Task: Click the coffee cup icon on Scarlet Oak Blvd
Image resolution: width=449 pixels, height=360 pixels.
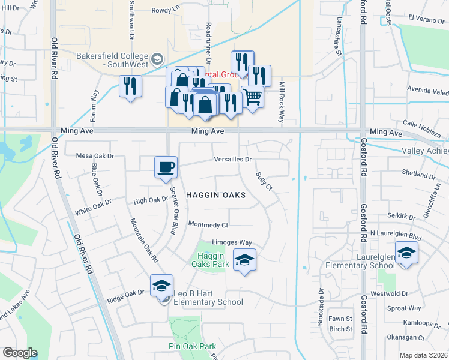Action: click(x=166, y=167)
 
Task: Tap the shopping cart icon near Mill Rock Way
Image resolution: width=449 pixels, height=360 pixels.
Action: click(x=253, y=97)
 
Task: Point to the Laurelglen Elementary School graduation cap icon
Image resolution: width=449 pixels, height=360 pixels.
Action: click(x=406, y=251)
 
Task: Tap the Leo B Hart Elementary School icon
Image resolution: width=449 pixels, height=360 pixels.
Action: click(x=161, y=286)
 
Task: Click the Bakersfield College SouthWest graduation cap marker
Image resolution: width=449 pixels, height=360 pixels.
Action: click(x=157, y=58)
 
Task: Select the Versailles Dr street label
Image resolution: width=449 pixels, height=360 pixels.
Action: click(x=233, y=160)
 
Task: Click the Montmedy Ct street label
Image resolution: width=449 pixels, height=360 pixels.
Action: click(x=208, y=225)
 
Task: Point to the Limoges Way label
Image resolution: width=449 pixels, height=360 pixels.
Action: click(x=231, y=242)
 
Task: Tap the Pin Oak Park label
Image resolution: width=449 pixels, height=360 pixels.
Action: click(x=192, y=347)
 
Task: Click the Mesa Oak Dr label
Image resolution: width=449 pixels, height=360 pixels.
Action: click(x=95, y=156)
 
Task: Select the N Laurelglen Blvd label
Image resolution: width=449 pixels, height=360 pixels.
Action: click(x=396, y=233)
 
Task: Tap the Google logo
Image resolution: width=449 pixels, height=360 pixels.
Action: click(x=20, y=352)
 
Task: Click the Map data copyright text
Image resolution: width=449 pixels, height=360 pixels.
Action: click(x=424, y=355)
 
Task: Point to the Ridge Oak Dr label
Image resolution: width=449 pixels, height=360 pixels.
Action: click(x=126, y=293)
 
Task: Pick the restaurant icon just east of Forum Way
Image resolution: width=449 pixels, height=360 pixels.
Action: click(x=130, y=86)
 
